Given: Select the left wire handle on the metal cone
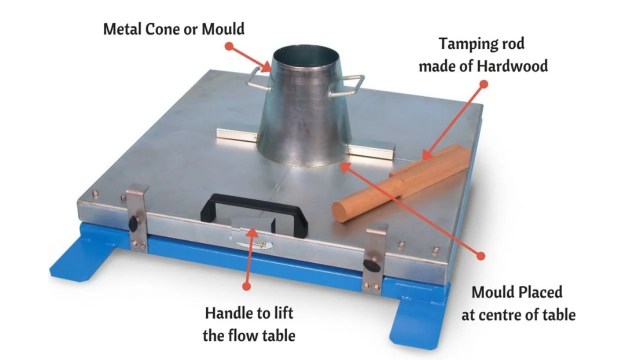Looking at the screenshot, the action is coord(257,80).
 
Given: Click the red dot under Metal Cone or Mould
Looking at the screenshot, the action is coord(229,46).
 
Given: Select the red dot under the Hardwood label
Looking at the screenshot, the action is coord(484,84).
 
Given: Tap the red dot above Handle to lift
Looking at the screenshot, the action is coord(246,287).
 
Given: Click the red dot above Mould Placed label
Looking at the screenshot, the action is coord(481,256).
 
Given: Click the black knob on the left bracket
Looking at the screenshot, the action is coord(133,223).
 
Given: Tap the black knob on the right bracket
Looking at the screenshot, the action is coord(371,264).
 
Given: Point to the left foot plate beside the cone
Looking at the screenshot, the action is coord(238,135).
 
